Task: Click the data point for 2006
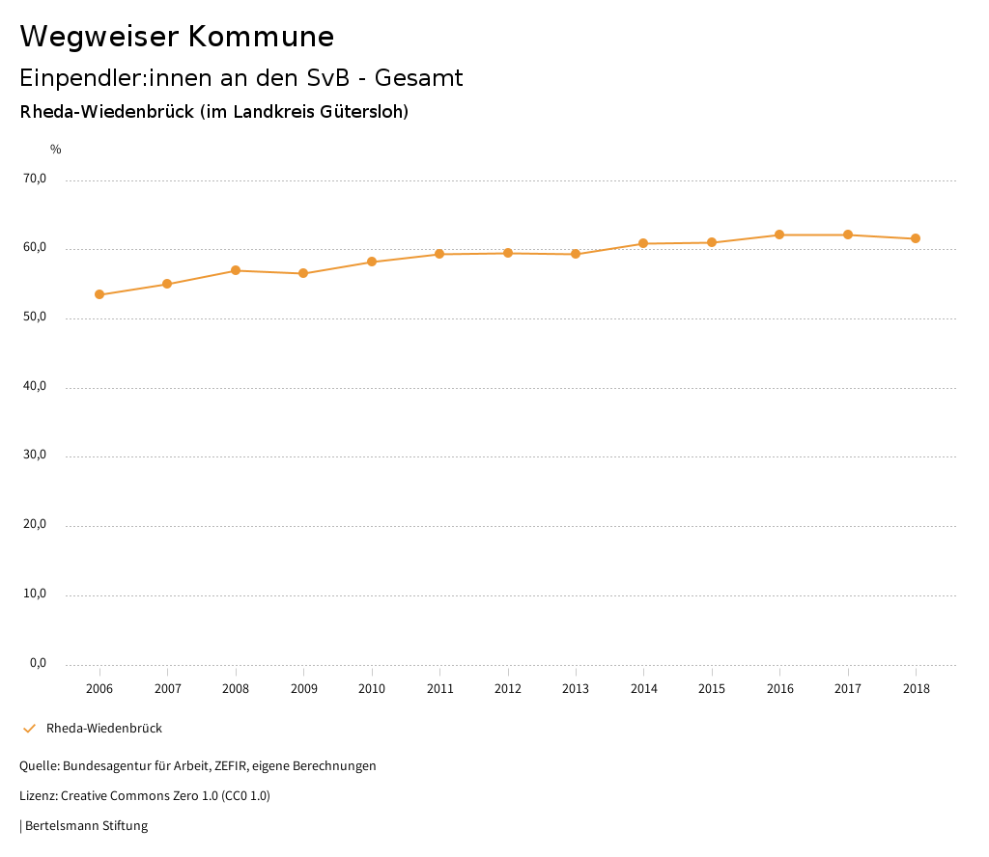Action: tap(99, 294)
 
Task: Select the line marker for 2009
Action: tap(303, 273)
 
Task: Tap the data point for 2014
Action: tap(643, 243)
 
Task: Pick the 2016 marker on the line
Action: tap(779, 235)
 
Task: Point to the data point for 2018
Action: tap(916, 238)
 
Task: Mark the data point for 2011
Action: tap(439, 254)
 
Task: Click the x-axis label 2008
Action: tap(236, 689)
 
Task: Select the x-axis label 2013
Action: tap(576, 689)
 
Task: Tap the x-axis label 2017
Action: tap(848, 689)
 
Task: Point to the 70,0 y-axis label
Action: tap(35, 179)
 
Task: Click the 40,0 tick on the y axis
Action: tap(35, 386)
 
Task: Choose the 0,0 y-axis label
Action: tap(38, 663)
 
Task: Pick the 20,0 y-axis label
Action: tap(35, 524)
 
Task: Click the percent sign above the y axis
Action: tap(56, 150)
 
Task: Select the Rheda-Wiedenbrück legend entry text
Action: tap(104, 729)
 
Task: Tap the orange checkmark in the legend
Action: tap(29, 729)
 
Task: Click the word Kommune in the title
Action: tap(261, 37)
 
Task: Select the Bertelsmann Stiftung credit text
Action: tap(86, 826)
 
